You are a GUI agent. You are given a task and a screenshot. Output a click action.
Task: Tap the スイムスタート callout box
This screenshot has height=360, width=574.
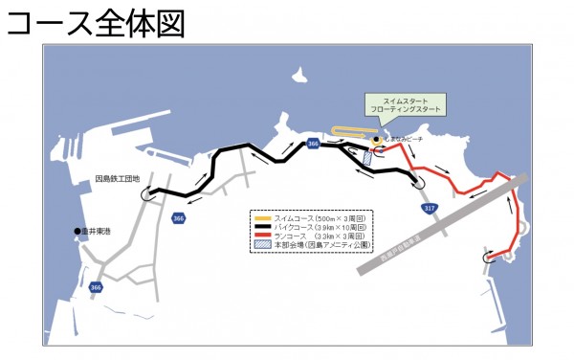tap(406, 105)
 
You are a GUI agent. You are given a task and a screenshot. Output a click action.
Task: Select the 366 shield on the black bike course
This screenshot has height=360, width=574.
tap(314, 144)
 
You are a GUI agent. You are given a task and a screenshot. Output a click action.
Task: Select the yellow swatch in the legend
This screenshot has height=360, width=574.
tap(262, 218)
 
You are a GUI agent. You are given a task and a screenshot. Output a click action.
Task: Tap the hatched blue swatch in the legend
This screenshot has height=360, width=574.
tap(262, 244)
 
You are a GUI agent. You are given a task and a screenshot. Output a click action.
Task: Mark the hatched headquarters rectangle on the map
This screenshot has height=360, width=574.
tap(368, 157)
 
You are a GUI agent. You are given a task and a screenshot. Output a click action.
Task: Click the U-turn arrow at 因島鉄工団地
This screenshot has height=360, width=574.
tap(148, 193)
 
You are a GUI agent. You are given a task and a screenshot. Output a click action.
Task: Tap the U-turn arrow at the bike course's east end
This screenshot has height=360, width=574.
tap(416, 178)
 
